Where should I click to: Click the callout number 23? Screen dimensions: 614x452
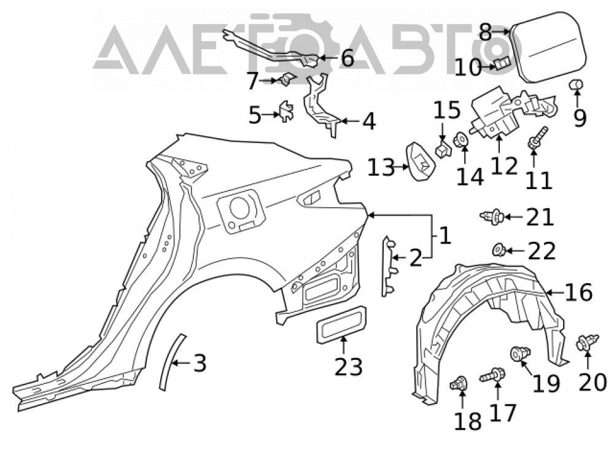click(x=349, y=367)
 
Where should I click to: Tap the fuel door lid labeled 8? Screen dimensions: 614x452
click(x=548, y=47)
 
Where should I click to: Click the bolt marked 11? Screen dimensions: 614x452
click(x=538, y=137)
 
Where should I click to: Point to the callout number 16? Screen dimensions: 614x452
click(x=578, y=292)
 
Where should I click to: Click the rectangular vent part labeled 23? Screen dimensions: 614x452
click(x=341, y=325)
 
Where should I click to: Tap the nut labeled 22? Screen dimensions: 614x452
click(x=498, y=249)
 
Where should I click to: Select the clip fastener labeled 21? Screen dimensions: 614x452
click(x=492, y=216)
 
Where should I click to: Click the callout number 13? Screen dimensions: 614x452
click(x=381, y=168)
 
